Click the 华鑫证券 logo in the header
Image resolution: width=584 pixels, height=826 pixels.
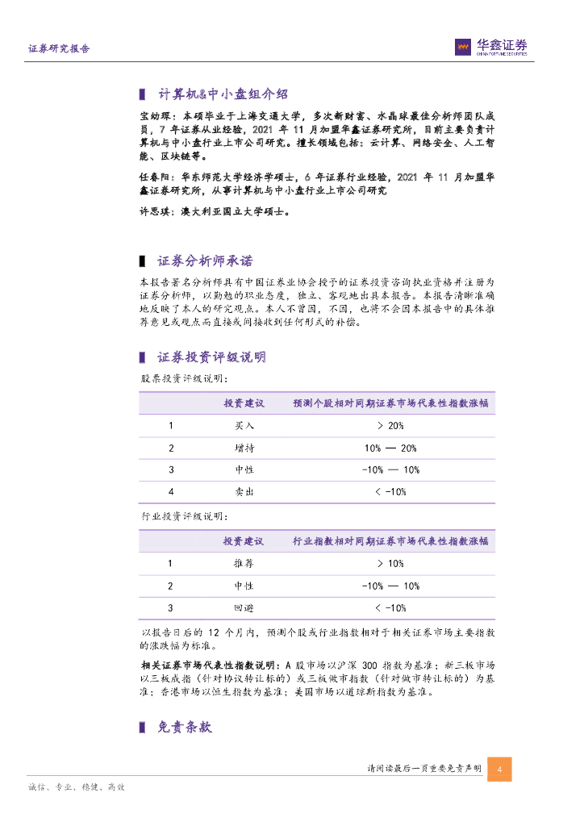491,48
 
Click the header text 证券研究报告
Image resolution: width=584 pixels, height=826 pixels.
59,48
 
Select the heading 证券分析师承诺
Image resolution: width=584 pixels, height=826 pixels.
205,261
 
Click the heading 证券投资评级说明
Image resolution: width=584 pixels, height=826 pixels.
211,357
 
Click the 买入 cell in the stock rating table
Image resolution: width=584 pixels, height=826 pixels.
244,425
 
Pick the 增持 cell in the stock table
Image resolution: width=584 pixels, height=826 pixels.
244,448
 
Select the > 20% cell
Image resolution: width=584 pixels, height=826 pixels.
390,425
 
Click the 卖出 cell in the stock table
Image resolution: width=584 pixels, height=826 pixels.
244,491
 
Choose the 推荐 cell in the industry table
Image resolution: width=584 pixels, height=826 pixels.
244,563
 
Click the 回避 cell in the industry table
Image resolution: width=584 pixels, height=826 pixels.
244,607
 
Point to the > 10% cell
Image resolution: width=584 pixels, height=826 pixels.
390,563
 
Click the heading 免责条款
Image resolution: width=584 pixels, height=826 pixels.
185,727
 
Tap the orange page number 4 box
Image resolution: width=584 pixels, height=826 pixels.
500,770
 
